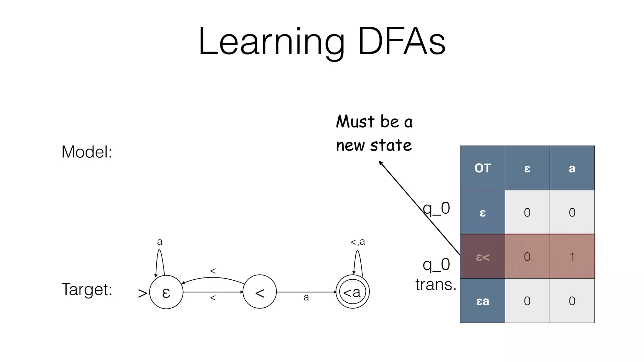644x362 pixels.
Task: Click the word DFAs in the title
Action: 402,42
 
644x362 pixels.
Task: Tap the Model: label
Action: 86,152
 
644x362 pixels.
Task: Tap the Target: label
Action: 86,289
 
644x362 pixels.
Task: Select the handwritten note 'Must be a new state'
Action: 374,133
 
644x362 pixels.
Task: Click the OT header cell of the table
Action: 482,168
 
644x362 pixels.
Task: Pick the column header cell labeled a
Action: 572,168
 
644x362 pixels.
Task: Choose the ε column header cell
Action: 527,168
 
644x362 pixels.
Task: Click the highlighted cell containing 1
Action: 572,256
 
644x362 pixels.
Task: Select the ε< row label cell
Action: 482,256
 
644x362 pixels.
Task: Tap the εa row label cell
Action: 482,301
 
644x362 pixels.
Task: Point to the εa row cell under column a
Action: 572,301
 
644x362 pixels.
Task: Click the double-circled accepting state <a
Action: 353,292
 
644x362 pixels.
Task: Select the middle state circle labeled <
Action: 260,292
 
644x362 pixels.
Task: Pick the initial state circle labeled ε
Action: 166,292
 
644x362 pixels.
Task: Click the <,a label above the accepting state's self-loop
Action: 358,242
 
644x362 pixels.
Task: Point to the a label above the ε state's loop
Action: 160,242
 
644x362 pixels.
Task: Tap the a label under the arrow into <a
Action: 306,297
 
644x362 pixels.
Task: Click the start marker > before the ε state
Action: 142,293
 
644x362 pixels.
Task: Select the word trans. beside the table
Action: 436,285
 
